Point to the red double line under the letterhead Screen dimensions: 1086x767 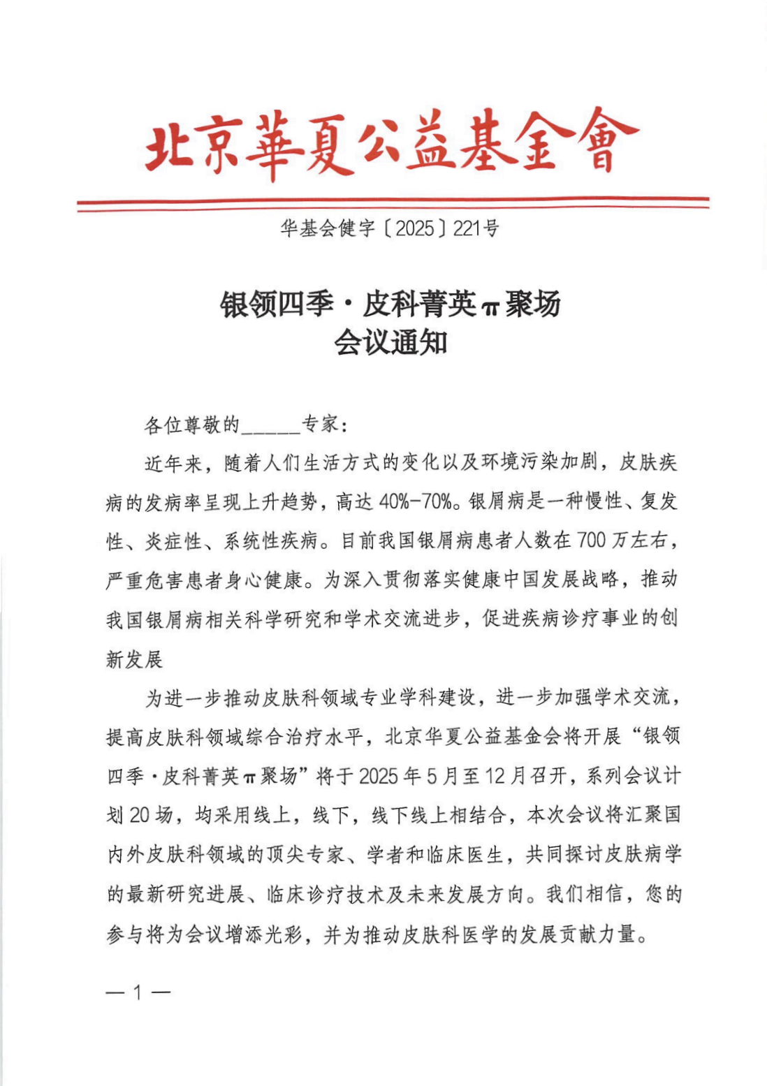[x=393, y=203]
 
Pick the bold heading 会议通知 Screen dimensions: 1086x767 [x=390, y=342]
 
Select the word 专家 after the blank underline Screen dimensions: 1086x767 [x=321, y=424]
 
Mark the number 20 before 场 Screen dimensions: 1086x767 [x=140, y=814]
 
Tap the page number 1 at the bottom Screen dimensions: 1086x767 [x=138, y=992]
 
